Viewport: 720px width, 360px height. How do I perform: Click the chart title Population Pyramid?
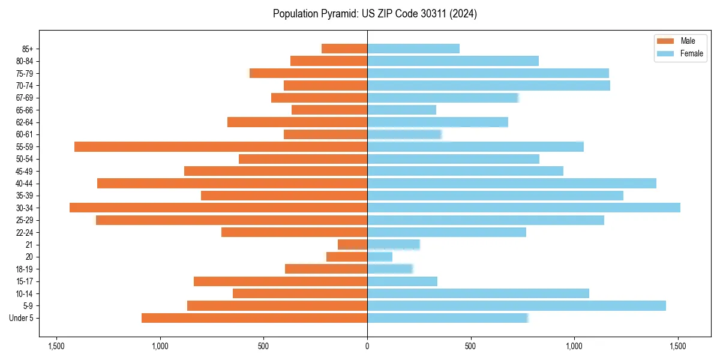pyautogui.click(x=374, y=14)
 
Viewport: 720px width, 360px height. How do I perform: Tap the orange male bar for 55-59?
pyautogui.click(x=221, y=146)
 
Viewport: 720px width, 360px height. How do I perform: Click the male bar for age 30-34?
pyautogui.click(x=218, y=208)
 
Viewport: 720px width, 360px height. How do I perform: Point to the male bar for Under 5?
pyautogui.click(x=254, y=318)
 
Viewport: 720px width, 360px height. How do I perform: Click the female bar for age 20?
pyautogui.click(x=380, y=257)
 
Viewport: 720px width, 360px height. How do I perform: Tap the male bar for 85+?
pyautogui.click(x=344, y=49)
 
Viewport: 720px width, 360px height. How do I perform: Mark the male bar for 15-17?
pyautogui.click(x=280, y=281)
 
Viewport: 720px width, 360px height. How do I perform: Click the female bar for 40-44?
pyautogui.click(x=511, y=183)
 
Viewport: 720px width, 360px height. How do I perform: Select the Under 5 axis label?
pyautogui.click(x=22, y=318)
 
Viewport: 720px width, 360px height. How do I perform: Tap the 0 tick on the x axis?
pyautogui.click(x=367, y=346)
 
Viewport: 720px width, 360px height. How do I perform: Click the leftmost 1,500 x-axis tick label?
pyautogui.click(x=56, y=346)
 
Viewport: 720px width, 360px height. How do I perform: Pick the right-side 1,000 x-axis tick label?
pyautogui.click(x=574, y=346)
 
